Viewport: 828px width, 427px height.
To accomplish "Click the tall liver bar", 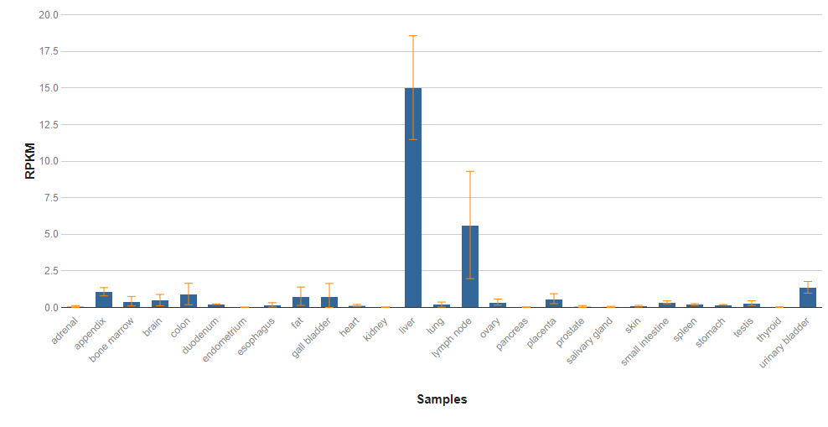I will click(413, 197).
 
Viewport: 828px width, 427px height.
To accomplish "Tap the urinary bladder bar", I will click(808, 298).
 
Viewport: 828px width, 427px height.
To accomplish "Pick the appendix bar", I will click(104, 299).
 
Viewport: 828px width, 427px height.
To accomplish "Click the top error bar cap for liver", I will click(413, 36).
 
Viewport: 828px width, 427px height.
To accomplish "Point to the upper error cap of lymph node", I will click(469, 172).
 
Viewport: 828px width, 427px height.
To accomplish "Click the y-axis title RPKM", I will click(31, 161).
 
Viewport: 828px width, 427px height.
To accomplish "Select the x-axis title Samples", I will click(442, 399).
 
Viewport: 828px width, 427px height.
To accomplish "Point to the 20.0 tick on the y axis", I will click(49, 15).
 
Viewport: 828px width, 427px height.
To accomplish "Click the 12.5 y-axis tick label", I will click(49, 124).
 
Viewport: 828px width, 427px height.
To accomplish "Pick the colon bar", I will click(189, 301).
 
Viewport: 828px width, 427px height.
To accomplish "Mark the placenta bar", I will click(554, 304).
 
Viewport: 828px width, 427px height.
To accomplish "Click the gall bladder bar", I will click(329, 302).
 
